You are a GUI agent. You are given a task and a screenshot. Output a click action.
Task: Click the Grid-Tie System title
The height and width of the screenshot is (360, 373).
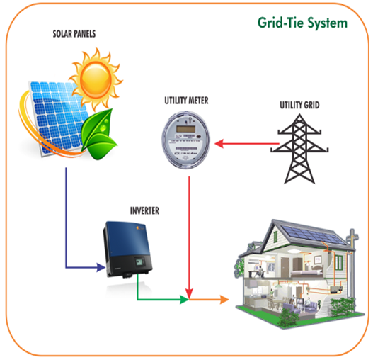pyautogui.click(x=302, y=23)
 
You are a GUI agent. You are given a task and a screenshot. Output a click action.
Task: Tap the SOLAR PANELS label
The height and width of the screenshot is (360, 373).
pyautogui.click(x=74, y=34)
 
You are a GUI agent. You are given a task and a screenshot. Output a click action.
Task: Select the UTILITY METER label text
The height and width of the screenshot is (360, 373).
pyautogui.click(x=186, y=101)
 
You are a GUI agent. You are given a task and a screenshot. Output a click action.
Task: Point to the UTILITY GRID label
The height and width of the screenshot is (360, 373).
pyautogui.click(x=299, y=105)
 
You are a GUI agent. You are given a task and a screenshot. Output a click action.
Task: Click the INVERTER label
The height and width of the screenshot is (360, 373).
pyautogui.click(x=144, y=211)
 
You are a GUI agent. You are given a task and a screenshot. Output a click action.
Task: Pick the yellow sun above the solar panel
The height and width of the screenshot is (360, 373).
pyautogui.click(x=96, y=79)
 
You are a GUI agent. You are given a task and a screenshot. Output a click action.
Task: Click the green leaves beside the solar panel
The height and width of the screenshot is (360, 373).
pyautogui.click(x=98, y=134)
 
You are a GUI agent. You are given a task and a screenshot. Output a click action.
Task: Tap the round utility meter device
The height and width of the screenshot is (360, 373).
pyautogui.click(x=185, y=140)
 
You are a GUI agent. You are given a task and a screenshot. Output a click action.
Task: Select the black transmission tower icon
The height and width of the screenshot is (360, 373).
pyautogui.click(x=299, y=149)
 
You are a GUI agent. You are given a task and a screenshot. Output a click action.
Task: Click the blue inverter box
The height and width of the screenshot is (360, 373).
pyautogui.click(x=127, y=249)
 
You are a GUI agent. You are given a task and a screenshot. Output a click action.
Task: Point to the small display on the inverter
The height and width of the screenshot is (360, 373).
pyautogui.click(x=139, y=261)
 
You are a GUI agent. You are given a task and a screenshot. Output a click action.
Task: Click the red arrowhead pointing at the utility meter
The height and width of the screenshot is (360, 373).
pyautogui.click(x=219, y=144)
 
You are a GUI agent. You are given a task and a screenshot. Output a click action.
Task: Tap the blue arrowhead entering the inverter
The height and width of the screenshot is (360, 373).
pyautogui.click(x=101, y=267)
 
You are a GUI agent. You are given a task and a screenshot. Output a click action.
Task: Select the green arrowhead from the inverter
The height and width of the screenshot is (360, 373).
pyautogui.click(x=184, y=300)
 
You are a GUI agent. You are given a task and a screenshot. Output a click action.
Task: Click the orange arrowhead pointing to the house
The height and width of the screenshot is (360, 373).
pyautogui.click(x=224, y=300)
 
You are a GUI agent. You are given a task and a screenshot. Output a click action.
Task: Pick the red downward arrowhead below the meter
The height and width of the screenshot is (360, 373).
pyautogui.click(x=189, y=293)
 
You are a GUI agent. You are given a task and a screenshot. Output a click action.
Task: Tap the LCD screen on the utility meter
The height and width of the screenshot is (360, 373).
pyautogui.click(x=185, y=129)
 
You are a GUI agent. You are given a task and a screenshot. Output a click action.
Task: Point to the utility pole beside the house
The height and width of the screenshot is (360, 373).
pyautogui.click(x=351, y=264)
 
